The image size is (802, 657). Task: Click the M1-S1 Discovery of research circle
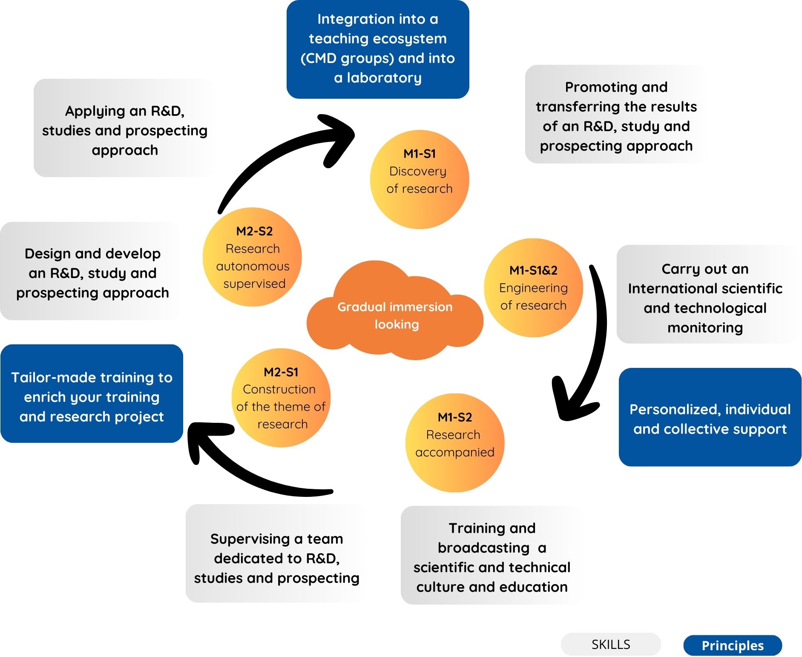(x=420, y=179)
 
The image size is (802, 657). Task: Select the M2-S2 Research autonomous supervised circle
(x=253, y=257)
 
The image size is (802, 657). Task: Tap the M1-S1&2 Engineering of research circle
(x=533, y=288)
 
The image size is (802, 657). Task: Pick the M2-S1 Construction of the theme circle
(x=281, y=398)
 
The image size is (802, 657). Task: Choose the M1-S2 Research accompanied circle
(x=455, y=443)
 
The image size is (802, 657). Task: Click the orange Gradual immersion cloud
(x=395, y=315)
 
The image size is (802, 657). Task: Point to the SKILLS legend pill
(x=610, y=644)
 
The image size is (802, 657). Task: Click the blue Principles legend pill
(x=733, y=646)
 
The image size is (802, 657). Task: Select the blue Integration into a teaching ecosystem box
(x=378, y=49)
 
